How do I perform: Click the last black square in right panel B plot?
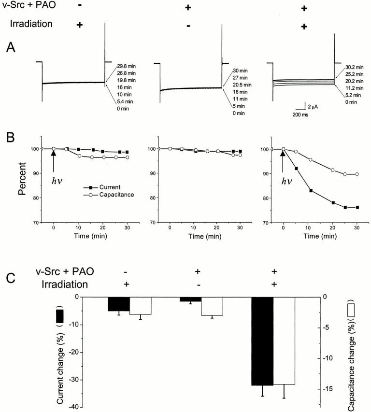(x=357, y=207)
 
